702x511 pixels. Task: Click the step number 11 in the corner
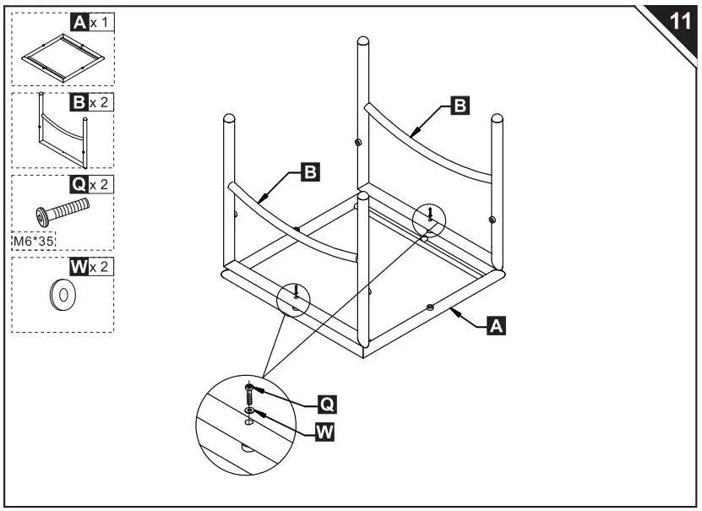point(679,20)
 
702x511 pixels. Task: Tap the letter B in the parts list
point(79,103)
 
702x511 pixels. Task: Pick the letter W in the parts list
point(79,268)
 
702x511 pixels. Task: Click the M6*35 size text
point(33,241)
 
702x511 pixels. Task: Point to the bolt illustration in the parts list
point(62,209)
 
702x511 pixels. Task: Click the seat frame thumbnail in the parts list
point(63,57)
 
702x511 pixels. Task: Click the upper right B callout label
point(460,106)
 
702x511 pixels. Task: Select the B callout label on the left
point(310,173)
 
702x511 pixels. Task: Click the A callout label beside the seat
point(497,325)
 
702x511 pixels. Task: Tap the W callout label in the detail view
point(324,432)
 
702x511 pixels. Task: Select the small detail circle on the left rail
point(294,299)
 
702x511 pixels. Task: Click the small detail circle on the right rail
point(429,220)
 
